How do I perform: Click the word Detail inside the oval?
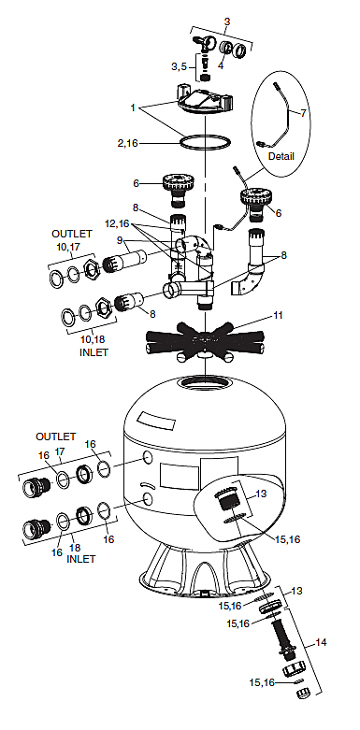(281, 156)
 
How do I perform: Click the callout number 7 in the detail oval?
(304, 113)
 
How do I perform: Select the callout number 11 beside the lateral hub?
(278, 315)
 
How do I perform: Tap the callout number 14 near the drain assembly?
(321, 642)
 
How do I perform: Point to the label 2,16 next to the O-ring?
(127, 143)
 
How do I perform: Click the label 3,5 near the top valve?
(179, 66)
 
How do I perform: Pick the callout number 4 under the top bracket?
(221, 65)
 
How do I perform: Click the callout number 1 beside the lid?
(133, 107)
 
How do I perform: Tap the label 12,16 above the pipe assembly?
(117, 224)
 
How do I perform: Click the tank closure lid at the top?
(205, 101)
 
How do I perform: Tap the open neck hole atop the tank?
(205, 382)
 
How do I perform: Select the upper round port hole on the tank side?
(147, 457)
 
